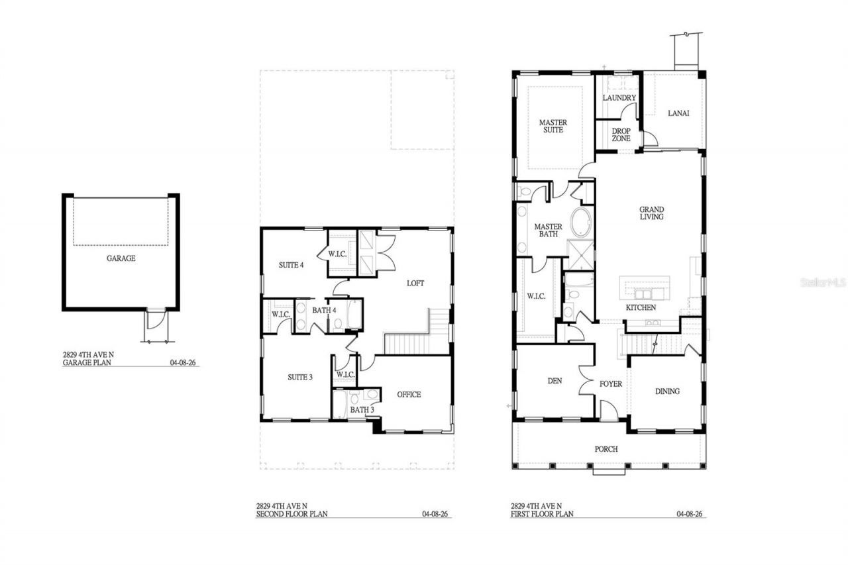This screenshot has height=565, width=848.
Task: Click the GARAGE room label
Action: (x=121, y=258)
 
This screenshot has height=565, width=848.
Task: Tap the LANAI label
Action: (x=678, y=113)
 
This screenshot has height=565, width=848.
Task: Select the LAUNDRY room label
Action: (x=619, y=97)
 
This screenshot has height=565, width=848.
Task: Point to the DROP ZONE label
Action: (x=621, y=135)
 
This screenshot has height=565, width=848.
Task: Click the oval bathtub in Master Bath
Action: (x=581, y=223)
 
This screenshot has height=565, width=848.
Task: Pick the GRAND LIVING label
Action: (x=651, y=213)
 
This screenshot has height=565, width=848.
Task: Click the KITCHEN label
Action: (x=641, y=307)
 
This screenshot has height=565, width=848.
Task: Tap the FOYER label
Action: (x=611, y=384)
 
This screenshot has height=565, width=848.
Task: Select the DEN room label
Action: (x=555, y=381)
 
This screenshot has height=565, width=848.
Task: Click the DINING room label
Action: (x=667, y=391)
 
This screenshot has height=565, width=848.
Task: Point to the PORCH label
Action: (x=606, y=449)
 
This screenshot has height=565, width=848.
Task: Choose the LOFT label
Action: (x=415, y=283)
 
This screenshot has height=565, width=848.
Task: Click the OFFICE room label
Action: (x=409, y=395)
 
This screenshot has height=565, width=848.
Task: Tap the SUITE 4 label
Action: (x=291, y=266)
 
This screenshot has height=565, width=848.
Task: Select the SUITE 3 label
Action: (x=300, y=378)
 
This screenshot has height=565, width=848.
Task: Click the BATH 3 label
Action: (x=362, y=410)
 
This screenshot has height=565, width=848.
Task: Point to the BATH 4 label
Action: (x=324, y=310)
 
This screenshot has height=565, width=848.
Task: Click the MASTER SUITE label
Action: (x=553, y=126)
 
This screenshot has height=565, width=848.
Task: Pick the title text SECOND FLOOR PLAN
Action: (x=292, y=514)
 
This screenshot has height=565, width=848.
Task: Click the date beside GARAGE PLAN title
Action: (x=183, y=362)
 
